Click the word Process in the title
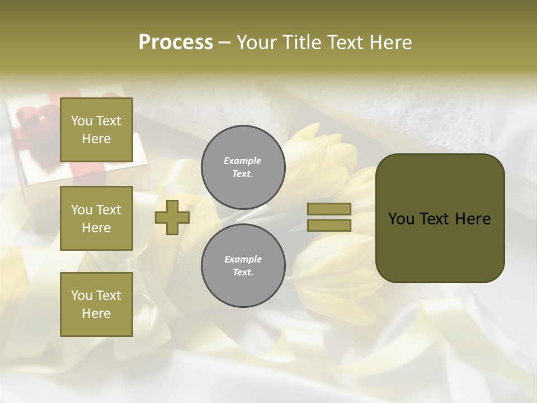pyautogui.click(x=176, y=43)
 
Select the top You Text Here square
pyautogui.click(x=96, y=130)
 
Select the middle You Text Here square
pyautogui.click(x=96, y=218)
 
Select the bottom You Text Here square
pyautogui.click(x=96, y=304)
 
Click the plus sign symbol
pyautogui.click(x=172, y=217)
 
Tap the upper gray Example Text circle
pyautogui.click(x=243, y=167)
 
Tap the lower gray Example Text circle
pyautogui.click(x=243, y=266)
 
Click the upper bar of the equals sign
pyautogui.click(x=329, y=209)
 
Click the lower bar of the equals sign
pyautogui.click(x=329, y=225)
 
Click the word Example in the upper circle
pyautogui.click(x=243, y=161)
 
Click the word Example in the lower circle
pyautogui.click(x=243, y=259)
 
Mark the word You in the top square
pyautogui.click(x=82, y=121)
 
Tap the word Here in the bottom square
pyautogui.click(x=96, y=313)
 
